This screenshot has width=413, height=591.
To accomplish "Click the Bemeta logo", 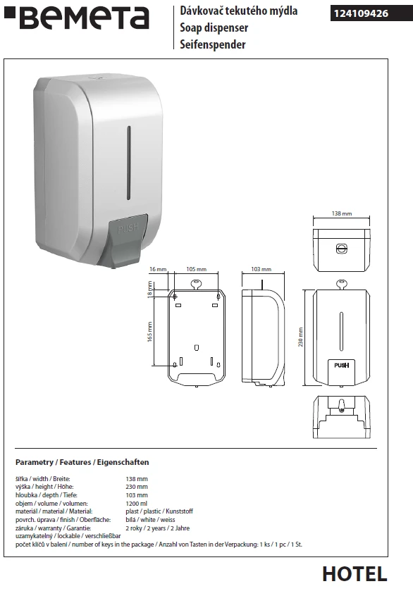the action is coord(77,18).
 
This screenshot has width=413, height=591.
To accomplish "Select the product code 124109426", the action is coord(361,13).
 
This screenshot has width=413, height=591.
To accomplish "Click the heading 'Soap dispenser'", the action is coord(214,27).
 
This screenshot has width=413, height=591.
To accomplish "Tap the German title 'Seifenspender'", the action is coord(212,44).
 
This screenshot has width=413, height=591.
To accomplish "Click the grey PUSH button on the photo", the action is coord(128,237).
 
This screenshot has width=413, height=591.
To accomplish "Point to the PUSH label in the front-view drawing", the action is coord(341,365).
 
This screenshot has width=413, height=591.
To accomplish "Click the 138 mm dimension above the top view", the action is coord(342,213).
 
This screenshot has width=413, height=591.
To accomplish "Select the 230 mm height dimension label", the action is coord(301,337).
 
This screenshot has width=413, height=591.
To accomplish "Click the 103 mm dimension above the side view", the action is coord(261,269).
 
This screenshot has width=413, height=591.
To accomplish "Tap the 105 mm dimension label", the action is coord(196,269).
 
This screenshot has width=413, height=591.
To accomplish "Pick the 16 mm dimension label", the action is coord(158,269).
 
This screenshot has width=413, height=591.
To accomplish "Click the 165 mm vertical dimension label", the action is coord(149,332).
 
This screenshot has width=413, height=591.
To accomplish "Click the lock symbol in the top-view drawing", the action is coord(341,249).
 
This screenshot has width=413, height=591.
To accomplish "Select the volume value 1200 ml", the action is coord(136,503).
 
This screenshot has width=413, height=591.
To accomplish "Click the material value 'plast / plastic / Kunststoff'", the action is coord(159,511).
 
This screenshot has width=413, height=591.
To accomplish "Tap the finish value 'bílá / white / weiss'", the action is coord(150,520).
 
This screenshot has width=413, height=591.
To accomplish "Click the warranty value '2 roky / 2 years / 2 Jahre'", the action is coord(158,528).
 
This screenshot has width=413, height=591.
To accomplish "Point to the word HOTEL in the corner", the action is coord(355,574).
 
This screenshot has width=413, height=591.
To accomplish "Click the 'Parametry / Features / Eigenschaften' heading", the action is coord(82,462).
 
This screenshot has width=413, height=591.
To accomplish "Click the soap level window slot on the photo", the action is coord(128,163).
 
